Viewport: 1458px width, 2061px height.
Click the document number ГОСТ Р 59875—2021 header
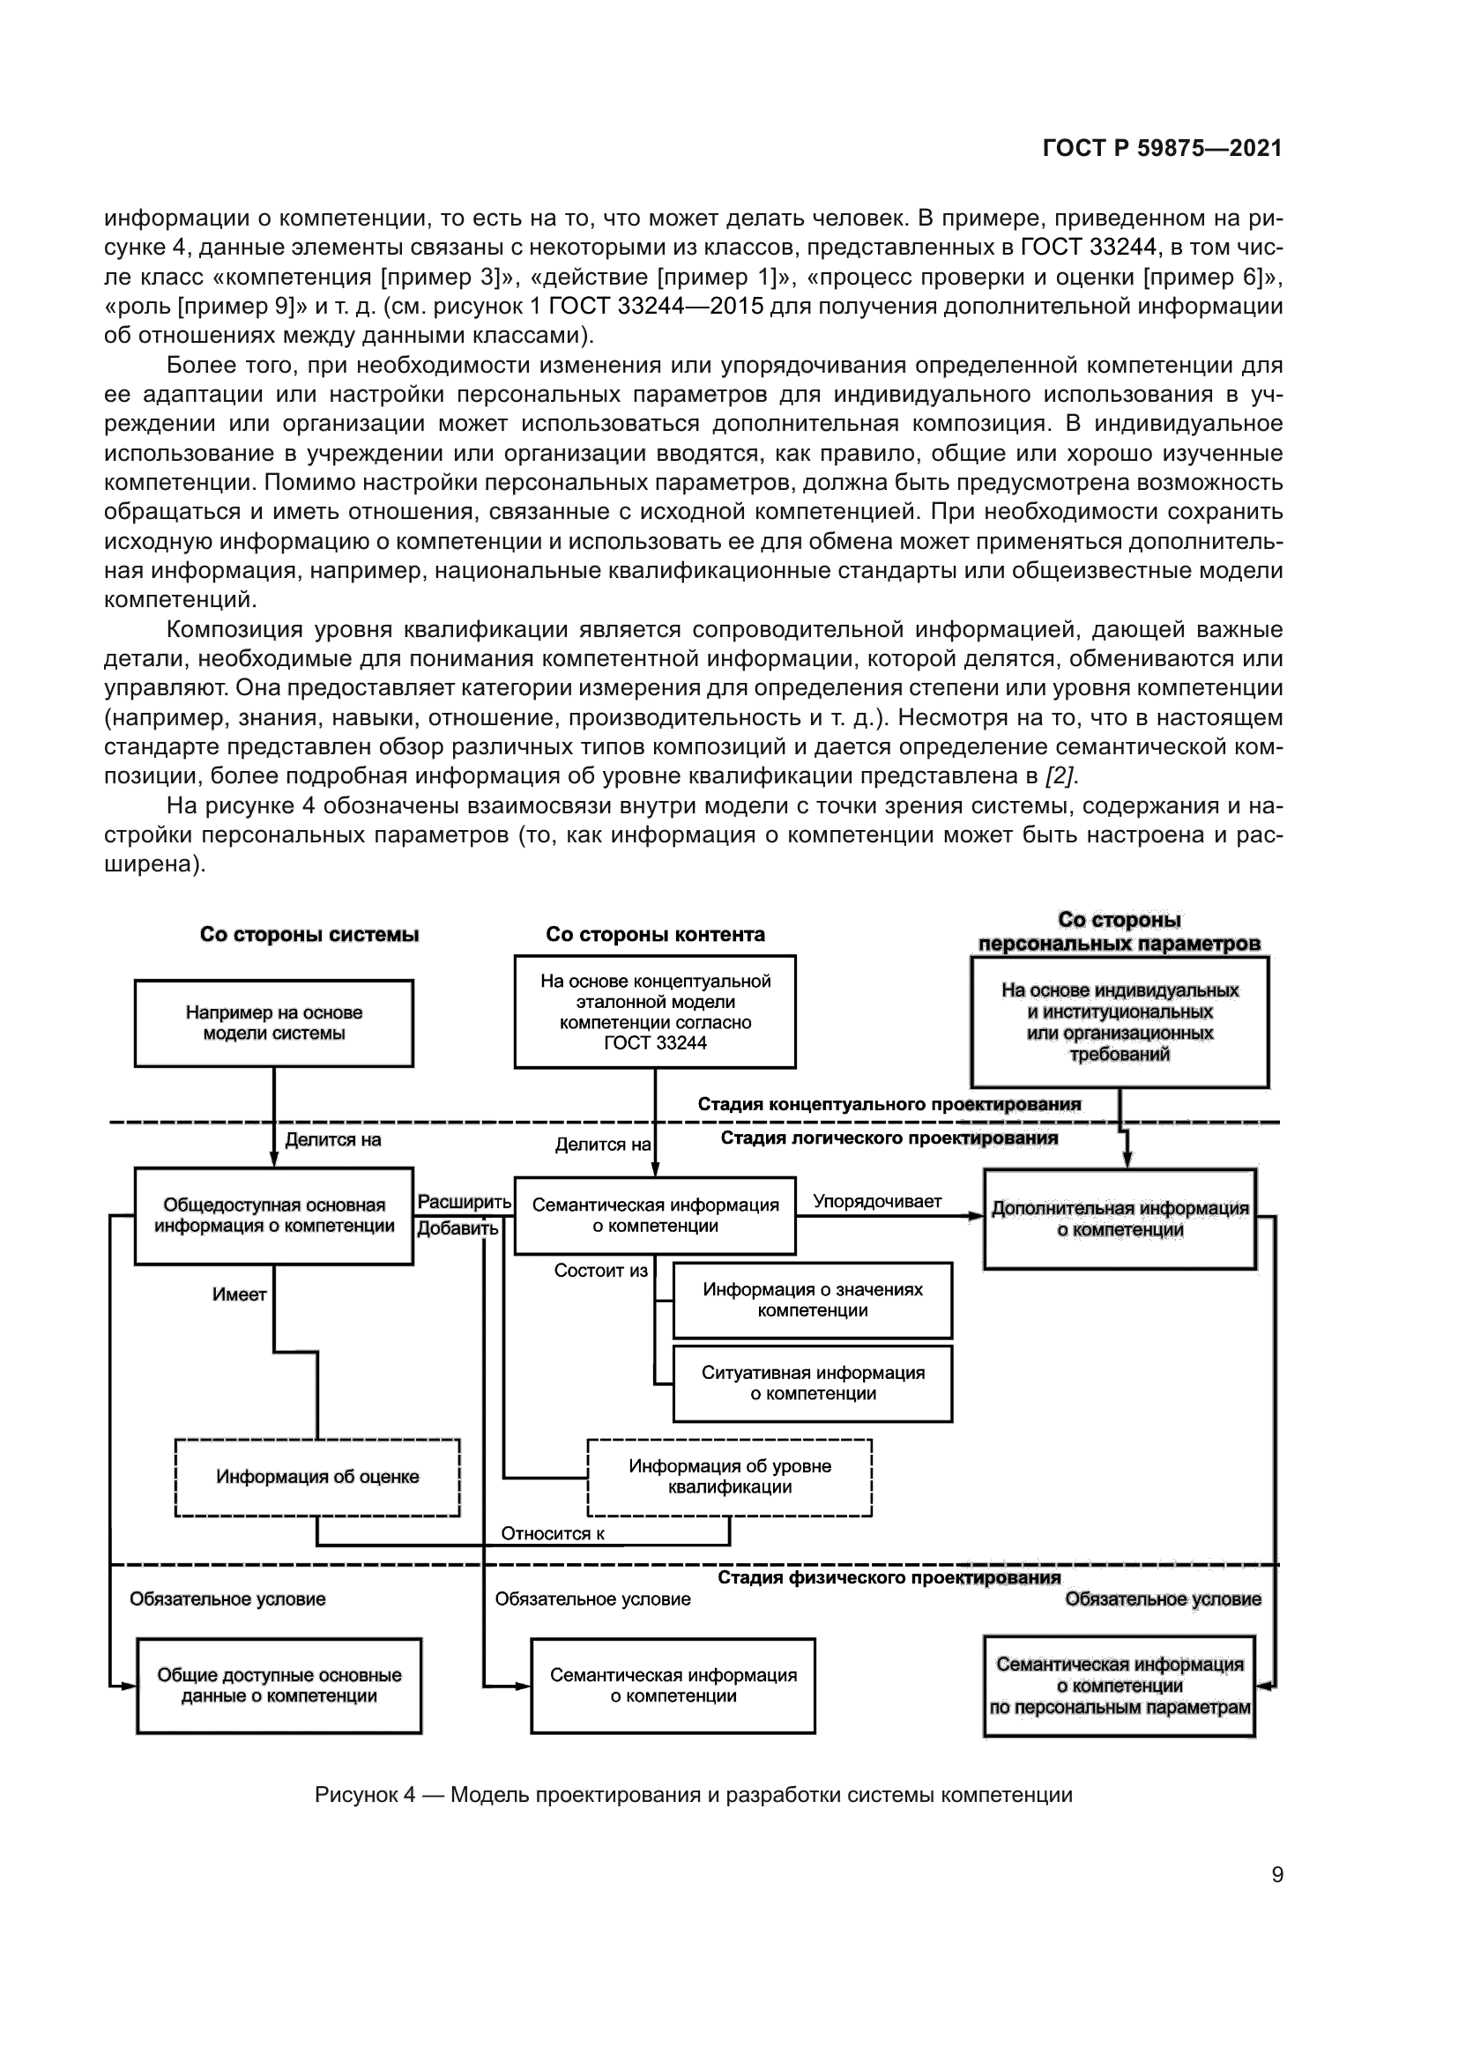(1162, 149)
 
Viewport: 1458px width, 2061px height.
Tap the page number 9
(1276, 1874)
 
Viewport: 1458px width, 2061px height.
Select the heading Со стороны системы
(309, 934)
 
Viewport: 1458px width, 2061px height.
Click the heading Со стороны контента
(655, 934)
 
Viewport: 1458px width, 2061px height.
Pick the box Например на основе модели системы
(274, 1022)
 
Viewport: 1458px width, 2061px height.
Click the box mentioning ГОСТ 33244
(654, 1012)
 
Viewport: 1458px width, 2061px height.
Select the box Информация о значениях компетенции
(813, 1300)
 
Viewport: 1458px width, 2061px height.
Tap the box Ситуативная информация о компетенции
(813, 1383)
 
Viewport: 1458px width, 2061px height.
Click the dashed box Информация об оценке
(317, 1477)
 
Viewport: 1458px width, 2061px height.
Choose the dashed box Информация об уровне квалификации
(729, 1477)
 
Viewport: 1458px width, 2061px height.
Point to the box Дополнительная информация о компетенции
(1120, 1219)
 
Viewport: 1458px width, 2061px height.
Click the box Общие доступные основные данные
(279, 1685)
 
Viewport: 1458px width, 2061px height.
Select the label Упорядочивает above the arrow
(876, 1201)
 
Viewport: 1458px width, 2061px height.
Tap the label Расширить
(464, 1202)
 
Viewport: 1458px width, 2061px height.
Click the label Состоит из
(599, 1271)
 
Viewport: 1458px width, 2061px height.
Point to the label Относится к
(552, 1533)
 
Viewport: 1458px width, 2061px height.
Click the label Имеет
(239, 1294)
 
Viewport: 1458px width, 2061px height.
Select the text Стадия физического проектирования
(888, 1577)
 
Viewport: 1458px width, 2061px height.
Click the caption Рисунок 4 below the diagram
(693, 1794)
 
